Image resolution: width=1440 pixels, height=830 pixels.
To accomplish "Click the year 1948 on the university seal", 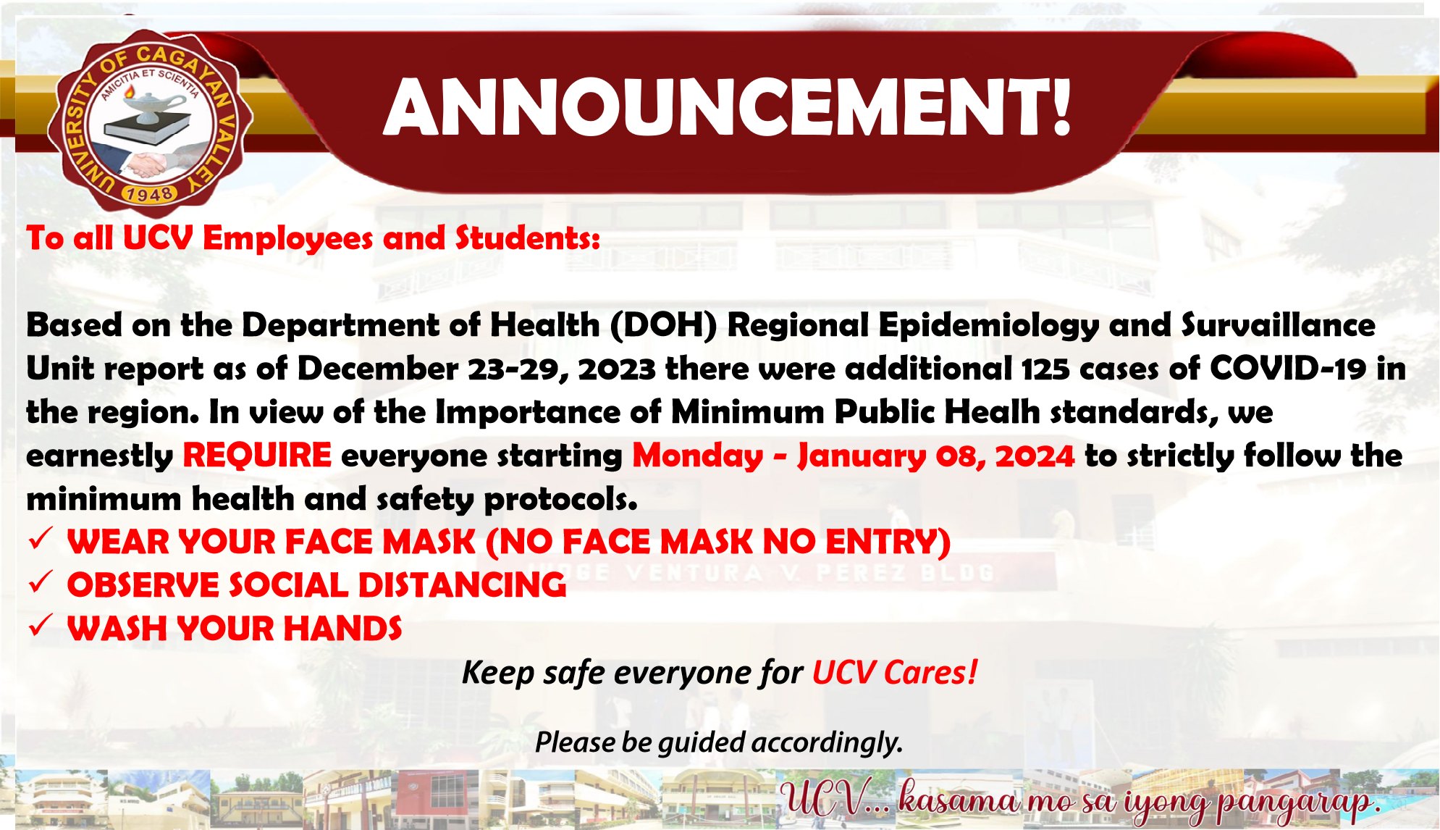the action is tap(148, 193).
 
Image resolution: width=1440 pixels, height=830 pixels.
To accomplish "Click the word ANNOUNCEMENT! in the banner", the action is tap(727, 107).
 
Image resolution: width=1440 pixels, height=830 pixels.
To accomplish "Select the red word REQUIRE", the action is tap(257, 456).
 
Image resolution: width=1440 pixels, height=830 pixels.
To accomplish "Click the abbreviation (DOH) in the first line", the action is tap(663, 325).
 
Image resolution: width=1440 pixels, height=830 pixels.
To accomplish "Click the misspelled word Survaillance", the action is tap(1279, 325).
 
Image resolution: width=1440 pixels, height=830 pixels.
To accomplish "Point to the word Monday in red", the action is tap(698, 456).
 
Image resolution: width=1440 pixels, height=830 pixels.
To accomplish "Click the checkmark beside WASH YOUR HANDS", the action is tap(39, 625).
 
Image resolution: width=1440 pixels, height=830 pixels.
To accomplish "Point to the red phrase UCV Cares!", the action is tap(895, 672).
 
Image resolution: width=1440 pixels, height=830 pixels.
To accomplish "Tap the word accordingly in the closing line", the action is tap(828, 743).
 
